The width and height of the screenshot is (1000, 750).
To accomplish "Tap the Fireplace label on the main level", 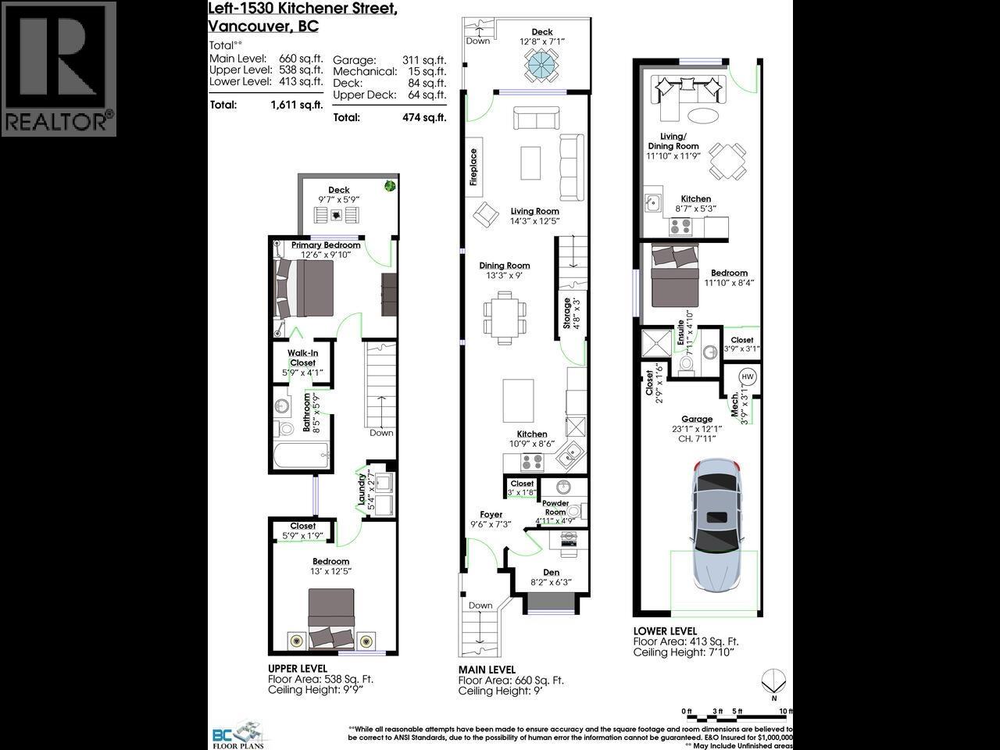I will click(473, 167).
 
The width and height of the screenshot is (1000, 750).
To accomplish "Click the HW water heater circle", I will click(747, 377).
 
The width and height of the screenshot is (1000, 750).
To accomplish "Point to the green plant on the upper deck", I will click(389, 185).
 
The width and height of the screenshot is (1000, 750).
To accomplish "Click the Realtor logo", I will click(59, 69).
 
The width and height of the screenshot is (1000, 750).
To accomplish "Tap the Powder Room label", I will click(555, 508).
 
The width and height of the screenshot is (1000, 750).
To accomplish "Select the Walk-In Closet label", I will click(302, 358).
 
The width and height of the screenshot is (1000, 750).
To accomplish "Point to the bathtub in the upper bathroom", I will click(301, 455).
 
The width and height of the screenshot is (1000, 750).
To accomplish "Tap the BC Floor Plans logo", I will click(239, 734).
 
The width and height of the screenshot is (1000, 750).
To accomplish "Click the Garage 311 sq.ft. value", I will click(427, 60).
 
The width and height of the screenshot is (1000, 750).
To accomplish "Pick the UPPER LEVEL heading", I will click(297, 669).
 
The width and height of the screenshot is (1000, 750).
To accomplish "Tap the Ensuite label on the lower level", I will click(681, 334).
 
